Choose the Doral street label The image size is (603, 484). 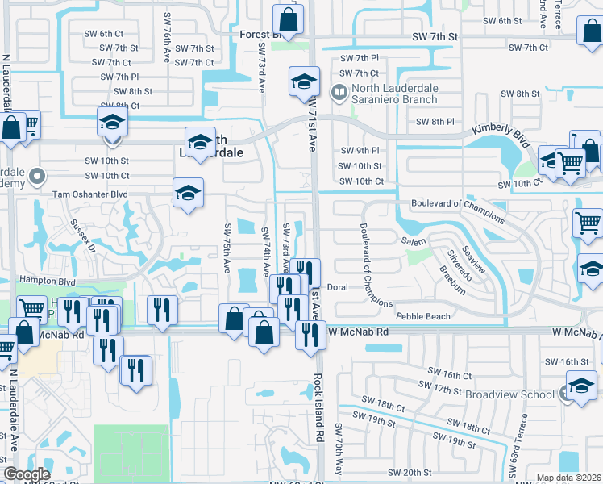coord(337,287)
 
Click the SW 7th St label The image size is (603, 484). coord(435,37)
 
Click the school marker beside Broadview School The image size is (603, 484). coord(581,386)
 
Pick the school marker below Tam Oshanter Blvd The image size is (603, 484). coord(188,194)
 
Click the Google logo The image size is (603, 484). coord(27,474)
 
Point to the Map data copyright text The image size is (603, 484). coord(568,478)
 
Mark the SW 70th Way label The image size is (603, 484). coord(339,448)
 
